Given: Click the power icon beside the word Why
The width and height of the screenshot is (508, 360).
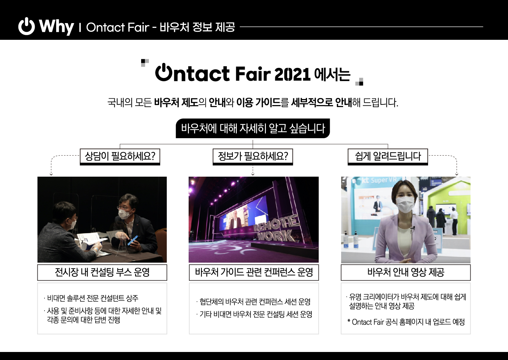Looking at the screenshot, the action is pos(26,26).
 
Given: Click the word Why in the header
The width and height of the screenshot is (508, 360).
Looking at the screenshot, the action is pos(57,27).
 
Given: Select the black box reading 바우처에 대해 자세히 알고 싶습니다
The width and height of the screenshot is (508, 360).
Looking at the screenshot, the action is pos(252,128).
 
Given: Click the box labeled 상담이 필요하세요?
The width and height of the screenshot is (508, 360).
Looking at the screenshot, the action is pos(120,157).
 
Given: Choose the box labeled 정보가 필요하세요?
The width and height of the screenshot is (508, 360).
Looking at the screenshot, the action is pos(252,157).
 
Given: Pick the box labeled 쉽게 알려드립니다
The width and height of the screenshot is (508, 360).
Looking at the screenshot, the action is pos(388,157).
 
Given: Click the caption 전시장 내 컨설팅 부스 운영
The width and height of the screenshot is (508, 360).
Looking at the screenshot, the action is pos(102,272).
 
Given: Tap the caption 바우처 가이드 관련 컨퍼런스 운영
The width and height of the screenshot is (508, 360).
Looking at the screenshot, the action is pos(254,272).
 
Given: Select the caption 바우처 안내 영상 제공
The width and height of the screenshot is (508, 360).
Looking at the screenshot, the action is pos(406,272).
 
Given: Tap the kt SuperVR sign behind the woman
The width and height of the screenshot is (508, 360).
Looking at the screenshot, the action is pos(379,180).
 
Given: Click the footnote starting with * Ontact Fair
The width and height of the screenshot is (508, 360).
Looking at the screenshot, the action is pos(406,322).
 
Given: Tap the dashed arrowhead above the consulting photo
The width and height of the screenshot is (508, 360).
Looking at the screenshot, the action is pos(51,174).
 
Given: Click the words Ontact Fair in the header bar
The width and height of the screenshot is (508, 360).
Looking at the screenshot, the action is pos(118,27).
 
